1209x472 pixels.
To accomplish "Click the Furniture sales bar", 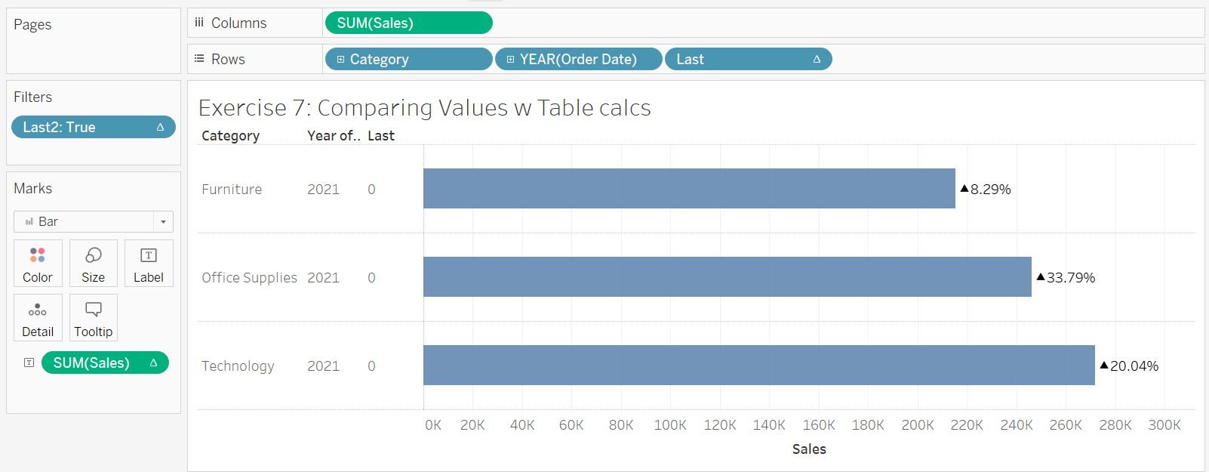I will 689,189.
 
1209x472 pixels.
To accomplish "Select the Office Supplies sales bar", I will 727,277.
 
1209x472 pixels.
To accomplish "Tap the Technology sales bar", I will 758,366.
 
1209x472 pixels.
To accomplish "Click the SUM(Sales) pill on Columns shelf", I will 408,23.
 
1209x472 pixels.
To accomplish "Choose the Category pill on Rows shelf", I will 408,59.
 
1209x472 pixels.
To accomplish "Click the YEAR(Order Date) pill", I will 578,59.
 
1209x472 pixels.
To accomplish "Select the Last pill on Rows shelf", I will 748,59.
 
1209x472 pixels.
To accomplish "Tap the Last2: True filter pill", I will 93,127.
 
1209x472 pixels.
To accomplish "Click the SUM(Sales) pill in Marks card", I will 104,363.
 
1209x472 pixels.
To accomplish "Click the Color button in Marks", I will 38,264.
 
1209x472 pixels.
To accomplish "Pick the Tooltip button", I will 94,318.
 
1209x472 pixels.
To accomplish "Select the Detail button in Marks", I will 38,318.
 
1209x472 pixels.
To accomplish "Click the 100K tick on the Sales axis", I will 670,425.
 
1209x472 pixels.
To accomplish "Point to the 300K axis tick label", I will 1164,425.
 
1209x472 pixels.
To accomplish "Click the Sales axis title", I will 809,449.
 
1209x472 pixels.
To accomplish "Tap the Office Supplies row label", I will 249,278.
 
